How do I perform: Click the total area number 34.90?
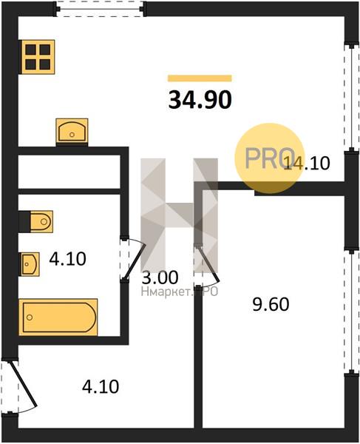[x=200, y=100]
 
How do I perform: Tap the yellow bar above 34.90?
[x=200, y=78]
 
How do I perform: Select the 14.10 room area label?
[x=307, y=164]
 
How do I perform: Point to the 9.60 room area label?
[x=271, y=304]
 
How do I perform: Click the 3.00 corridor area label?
[x=160, y=277]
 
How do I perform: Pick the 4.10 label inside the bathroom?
[x=67, y=259]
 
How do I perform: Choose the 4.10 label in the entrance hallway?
[x=101, y=387]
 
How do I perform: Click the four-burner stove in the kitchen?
[x=38, y=57]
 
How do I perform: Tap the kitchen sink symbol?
[x=72, y=132]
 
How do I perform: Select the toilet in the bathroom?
[x=36, y=221]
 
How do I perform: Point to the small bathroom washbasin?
[x=30, y=264]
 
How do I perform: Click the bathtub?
[x=58, y=317]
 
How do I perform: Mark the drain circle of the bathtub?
[x=30, y=317]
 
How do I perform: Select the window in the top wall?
[x=101, y=9]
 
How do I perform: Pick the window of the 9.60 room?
[x=351, y=312]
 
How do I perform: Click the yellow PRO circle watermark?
[x=270, y=158]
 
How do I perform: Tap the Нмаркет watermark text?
[x=180, y=292]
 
